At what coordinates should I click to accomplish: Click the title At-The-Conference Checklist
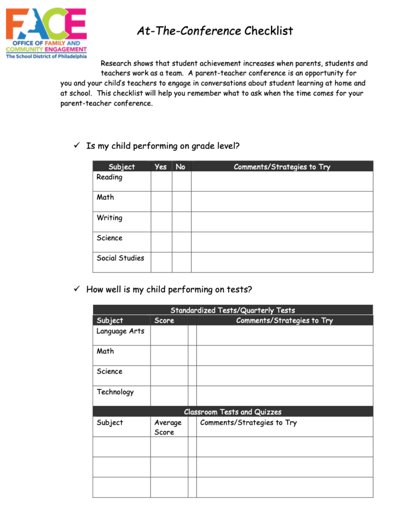pos(215,31)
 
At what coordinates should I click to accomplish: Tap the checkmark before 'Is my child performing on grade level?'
pos(77,146)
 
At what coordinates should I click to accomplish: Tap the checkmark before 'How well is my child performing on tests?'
pos(77,289)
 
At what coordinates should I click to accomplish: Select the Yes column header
pos(161,167)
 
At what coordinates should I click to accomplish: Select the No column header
pos(181,167)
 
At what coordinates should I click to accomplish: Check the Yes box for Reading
pos(161,181)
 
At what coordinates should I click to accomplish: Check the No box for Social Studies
pos(181,262)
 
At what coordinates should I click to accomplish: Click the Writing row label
pos(109,218)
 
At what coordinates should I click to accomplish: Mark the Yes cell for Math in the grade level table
pos(161,202)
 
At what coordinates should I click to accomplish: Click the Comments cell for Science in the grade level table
pos(282,242)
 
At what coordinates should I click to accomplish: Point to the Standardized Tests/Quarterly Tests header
pos(232,310)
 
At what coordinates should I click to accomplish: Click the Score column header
pos(164,320)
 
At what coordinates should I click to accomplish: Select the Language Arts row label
pos(120,331)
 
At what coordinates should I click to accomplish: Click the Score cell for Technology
pos(169,396)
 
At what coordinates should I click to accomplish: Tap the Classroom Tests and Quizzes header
pos(232,412)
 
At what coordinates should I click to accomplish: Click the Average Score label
pos(167,427)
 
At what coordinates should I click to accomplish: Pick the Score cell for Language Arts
pos(169,335)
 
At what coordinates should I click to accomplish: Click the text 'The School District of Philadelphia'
pos(46,56)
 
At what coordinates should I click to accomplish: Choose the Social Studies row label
pos(120,258)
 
